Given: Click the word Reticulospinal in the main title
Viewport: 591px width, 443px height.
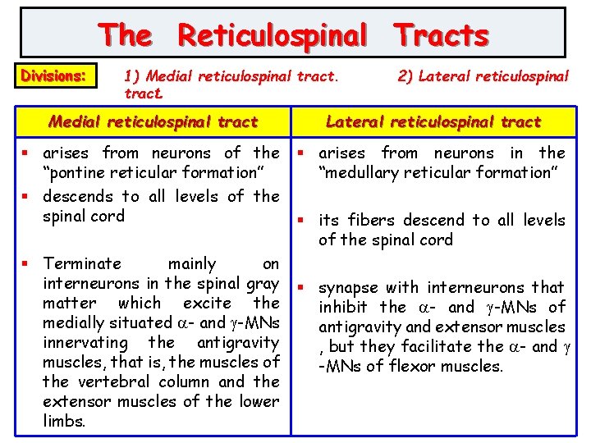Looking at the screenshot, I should click(273, 35).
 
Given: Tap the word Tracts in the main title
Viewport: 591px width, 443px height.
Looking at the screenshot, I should click(441, 35).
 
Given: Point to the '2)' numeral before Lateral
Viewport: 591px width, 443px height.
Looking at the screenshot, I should click(405, 76).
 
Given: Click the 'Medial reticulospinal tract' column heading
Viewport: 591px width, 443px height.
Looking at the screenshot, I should click(153, 122).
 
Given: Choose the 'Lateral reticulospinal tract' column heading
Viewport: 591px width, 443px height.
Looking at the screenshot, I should click(433, 122).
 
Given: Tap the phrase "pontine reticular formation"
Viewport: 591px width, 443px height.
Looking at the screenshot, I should click(152, 172).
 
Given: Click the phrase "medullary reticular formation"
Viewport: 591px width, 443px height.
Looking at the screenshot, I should click(438, 172).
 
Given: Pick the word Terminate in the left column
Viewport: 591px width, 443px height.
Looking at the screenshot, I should click(82, 263).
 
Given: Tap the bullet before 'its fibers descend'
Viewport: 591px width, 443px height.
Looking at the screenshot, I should click(301, 220).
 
